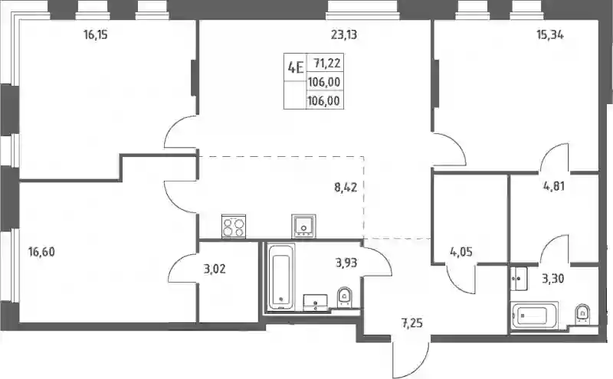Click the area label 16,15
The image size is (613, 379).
point(95,34)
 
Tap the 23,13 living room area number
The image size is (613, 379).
point(344,34)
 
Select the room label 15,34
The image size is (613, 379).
point(550,34)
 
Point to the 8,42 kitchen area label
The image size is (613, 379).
point(346,188)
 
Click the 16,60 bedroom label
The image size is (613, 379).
point(41,252)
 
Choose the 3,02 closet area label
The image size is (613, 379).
point(215,269)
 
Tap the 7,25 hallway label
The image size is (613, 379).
point(411,324)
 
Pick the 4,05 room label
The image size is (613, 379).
point(461,252)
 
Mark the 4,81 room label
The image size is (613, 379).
point(554,186)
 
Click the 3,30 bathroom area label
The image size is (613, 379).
point(552,279)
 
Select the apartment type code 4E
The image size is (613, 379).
point(296,67)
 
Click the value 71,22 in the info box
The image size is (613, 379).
point(327,63)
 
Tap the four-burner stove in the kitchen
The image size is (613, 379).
point(234,226)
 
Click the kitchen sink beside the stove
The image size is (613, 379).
point(303,225)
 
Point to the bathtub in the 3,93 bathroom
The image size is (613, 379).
point(281,277)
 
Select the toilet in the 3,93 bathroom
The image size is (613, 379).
point(344,298)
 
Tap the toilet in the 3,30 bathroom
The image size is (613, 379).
point(582,314)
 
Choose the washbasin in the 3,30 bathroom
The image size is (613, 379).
point(519,279)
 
